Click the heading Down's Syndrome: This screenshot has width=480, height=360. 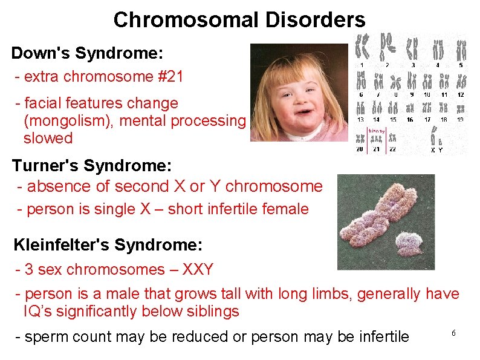(x=87, y=53)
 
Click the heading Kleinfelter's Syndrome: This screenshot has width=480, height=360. (x=108, y=245)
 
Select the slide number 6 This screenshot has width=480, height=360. (x=453, y=333)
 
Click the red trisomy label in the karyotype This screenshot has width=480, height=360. (x=377, y=131)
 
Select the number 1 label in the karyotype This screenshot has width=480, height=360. (x=362, y=65)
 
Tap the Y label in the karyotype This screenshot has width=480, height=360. (x=441, y=149)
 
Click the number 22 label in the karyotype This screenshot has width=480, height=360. (x=393, y=149)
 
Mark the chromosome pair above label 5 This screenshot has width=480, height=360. (x=461, y=49)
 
